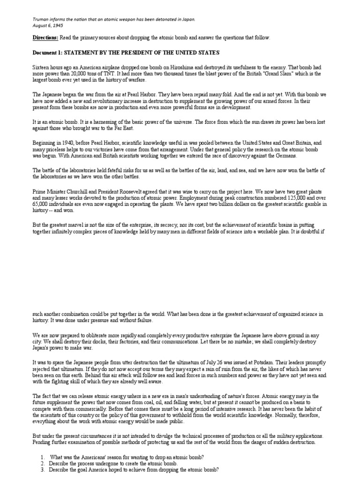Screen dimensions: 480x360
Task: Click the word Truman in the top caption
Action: coord(40,19)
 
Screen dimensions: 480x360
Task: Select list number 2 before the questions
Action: coord(42,464)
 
